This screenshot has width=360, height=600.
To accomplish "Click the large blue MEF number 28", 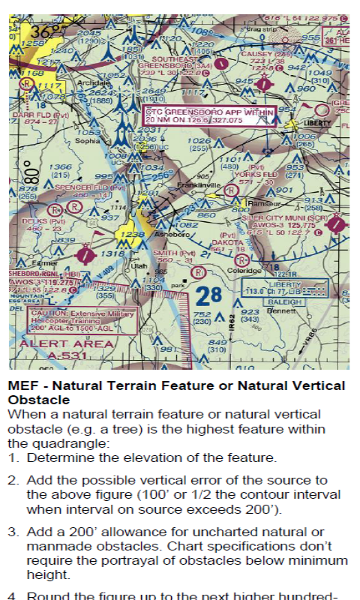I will (211, 294).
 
